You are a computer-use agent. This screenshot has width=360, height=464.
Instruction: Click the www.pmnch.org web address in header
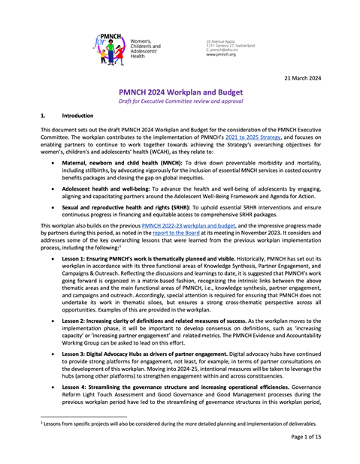tap(221, 55)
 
